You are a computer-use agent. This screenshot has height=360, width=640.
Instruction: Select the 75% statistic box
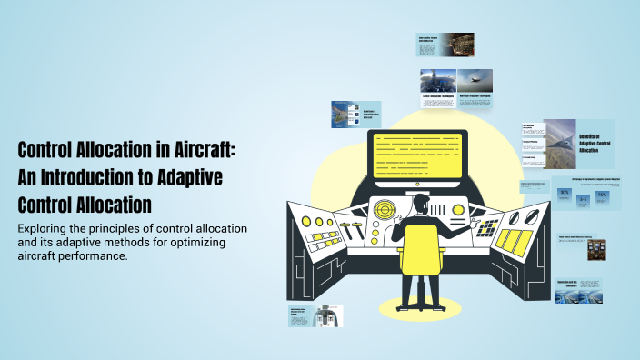[601, 196]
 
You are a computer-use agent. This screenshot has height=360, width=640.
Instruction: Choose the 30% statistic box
[564, 194]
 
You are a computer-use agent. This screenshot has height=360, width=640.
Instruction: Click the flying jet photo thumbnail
[475, 81]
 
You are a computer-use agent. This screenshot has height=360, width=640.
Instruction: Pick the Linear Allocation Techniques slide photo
[438, 81]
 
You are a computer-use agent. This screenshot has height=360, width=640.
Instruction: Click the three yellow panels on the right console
[515, 241]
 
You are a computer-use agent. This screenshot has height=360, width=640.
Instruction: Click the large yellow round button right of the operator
[458, 210]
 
